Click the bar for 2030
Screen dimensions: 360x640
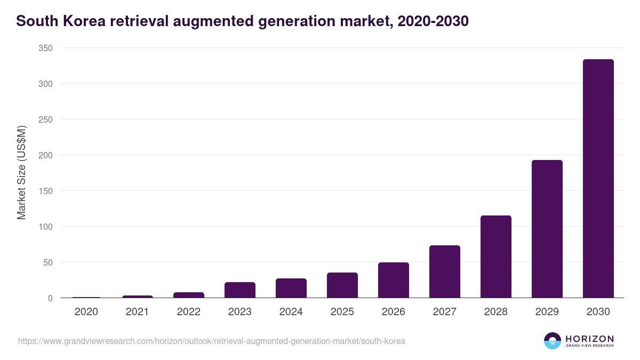(x=598, y=179)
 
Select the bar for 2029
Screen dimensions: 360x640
(x=547, y=229)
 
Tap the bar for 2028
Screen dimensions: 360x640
(x=495, y=257)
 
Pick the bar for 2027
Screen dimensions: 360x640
(x=444, y=271)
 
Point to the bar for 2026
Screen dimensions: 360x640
(x=393, y=280)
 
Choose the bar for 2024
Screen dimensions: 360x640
(x=291, y=288)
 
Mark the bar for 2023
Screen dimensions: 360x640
(x=239, y=290)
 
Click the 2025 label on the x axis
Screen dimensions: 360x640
(x=342, y=312)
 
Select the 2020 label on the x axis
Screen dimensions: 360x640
(x=86, y=312)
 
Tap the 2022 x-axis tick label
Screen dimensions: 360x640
(x=188, y=312)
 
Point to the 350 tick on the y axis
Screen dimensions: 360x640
(x=45, y=48)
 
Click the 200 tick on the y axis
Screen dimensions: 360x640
(x=45, y=155)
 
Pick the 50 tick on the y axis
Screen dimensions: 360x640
(x=47, y=262)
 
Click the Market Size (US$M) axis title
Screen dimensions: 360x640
(x=21, y=173)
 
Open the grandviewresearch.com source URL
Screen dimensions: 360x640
(x=211, y=341)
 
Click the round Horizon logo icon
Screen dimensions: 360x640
(x=552, y=341)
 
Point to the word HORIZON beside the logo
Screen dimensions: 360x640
(x=589, y=339)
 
